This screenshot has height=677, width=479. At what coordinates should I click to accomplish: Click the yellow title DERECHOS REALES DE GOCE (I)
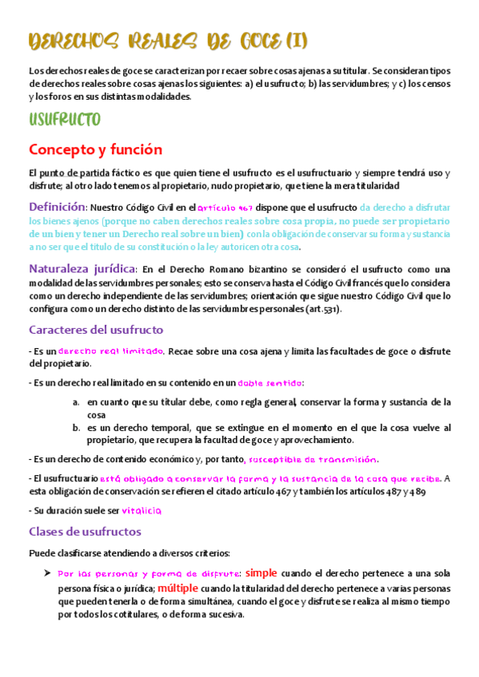click(x=167, y=39)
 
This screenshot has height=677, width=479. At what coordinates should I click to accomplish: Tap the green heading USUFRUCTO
click(x=64, y=121)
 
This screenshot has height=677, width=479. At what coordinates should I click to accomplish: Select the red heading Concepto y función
click(x=95, y=149)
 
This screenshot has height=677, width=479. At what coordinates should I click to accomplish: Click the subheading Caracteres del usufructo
click(x=96, y=329)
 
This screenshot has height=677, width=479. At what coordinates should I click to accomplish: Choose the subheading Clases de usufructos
click(x=85, y=531)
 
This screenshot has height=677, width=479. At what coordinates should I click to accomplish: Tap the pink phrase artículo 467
click(x=226, y=208)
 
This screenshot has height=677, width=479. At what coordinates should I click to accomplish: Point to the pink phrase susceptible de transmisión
click(x=313, y=459)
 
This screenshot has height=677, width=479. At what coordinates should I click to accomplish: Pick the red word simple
click(x=261, y=572)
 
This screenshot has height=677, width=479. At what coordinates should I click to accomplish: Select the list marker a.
click(x=76, y=402)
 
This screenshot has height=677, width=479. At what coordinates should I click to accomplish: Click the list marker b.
click(x=76, y=428)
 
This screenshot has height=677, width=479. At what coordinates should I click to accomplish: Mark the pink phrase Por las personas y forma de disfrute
click(x=149, y=574)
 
